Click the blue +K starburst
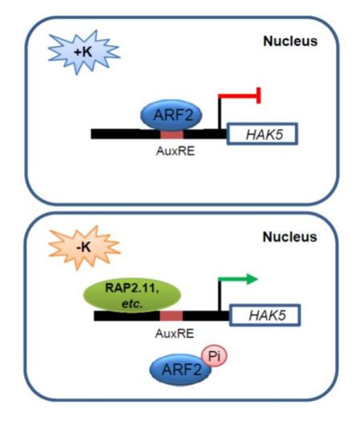[74, 50]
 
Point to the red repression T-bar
[243, 98]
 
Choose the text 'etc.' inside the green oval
[126, 305]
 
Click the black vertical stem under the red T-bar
[220, 116]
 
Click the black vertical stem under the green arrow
[220, 298]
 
